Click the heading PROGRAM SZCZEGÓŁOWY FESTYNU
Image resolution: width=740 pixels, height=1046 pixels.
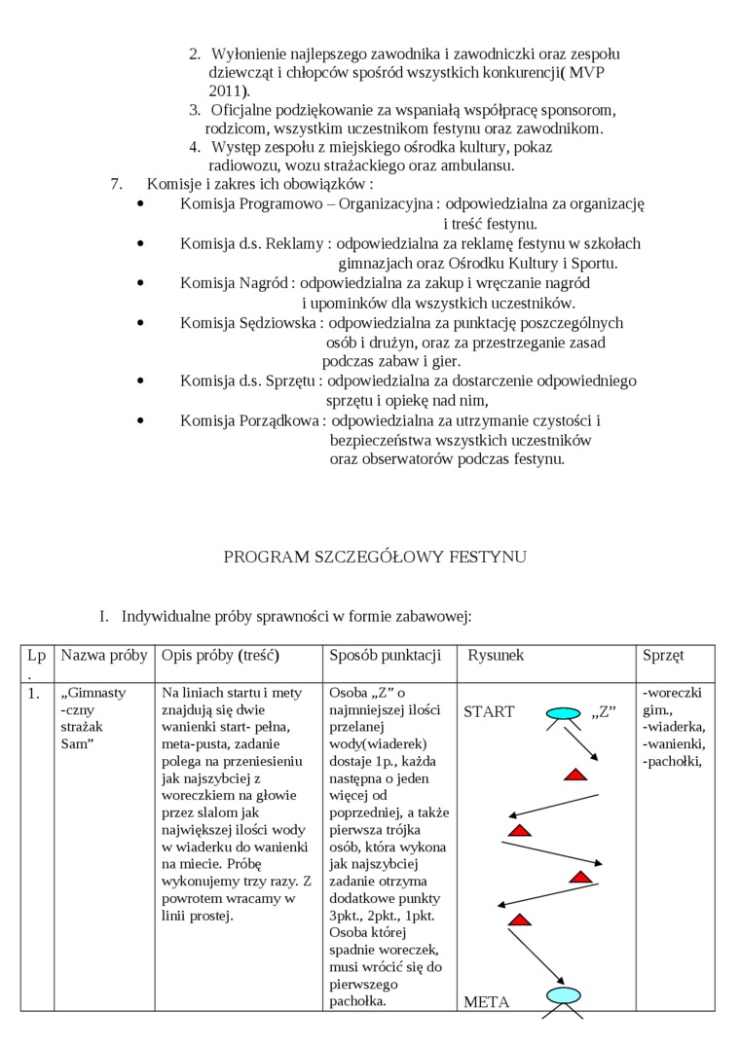[375, 557]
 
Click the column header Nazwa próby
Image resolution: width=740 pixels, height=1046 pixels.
[104, 655]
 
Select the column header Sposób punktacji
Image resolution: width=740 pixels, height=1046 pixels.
[386, 655]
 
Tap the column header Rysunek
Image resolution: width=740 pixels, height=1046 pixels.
[496, 655]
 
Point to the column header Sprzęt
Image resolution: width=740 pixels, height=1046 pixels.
[663, 655]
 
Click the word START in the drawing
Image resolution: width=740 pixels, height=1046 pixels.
[489, 711]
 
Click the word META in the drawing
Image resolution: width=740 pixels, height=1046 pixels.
[486, 1001]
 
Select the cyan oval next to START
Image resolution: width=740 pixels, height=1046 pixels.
[563, 715]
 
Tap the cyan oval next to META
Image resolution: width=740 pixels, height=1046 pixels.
[563, 994]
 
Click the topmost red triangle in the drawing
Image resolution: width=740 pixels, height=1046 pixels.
[575, 775]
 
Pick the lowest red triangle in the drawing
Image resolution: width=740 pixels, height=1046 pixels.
[521, 920]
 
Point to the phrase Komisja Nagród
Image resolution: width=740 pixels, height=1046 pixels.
[235, 283]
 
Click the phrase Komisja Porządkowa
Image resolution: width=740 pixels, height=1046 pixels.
[250, 420]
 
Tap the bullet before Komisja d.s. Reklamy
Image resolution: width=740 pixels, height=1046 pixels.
[142, 243]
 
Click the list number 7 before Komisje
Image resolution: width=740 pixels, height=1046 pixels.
[116, 184]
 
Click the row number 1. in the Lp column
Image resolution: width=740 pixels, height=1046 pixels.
[34, 694]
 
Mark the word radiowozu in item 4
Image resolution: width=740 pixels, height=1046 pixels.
[240, 165]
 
